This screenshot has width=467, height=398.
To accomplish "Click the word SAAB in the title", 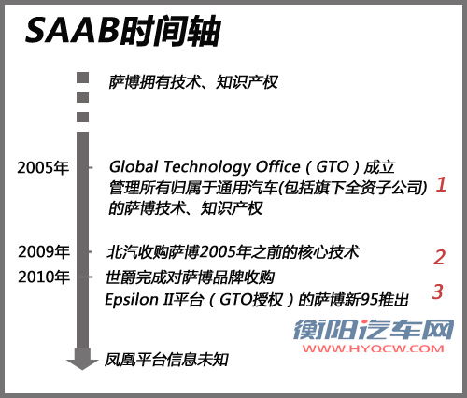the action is coord(72,30).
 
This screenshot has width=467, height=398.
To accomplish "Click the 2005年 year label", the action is coord(43,167).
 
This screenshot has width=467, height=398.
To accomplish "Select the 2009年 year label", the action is coord(43,251).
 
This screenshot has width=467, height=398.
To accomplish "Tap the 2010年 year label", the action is coord(43,277).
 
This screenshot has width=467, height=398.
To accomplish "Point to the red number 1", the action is coord(441,184).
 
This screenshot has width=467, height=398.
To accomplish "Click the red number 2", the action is coord(439,257).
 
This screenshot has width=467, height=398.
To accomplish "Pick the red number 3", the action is coord(437,291).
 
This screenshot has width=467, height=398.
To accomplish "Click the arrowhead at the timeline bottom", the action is coord(82,362).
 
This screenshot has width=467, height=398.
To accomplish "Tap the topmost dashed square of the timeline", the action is coord(82,78).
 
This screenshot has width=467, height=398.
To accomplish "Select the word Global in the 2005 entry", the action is coord(134,166).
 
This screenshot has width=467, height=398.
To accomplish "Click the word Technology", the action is coord(207,167).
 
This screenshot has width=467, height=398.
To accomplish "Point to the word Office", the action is coord(277,166).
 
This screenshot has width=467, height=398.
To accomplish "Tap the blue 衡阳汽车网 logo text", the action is coord(374,330).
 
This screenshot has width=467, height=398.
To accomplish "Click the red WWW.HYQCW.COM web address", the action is coord(374,348).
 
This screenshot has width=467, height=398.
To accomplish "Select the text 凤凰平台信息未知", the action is coord(166,360).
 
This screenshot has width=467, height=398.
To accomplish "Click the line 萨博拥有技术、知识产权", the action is coord(193,82).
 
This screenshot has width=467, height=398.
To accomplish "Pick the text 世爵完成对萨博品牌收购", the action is coord(190,277).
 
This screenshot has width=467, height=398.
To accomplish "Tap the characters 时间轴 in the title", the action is coord(171,31).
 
